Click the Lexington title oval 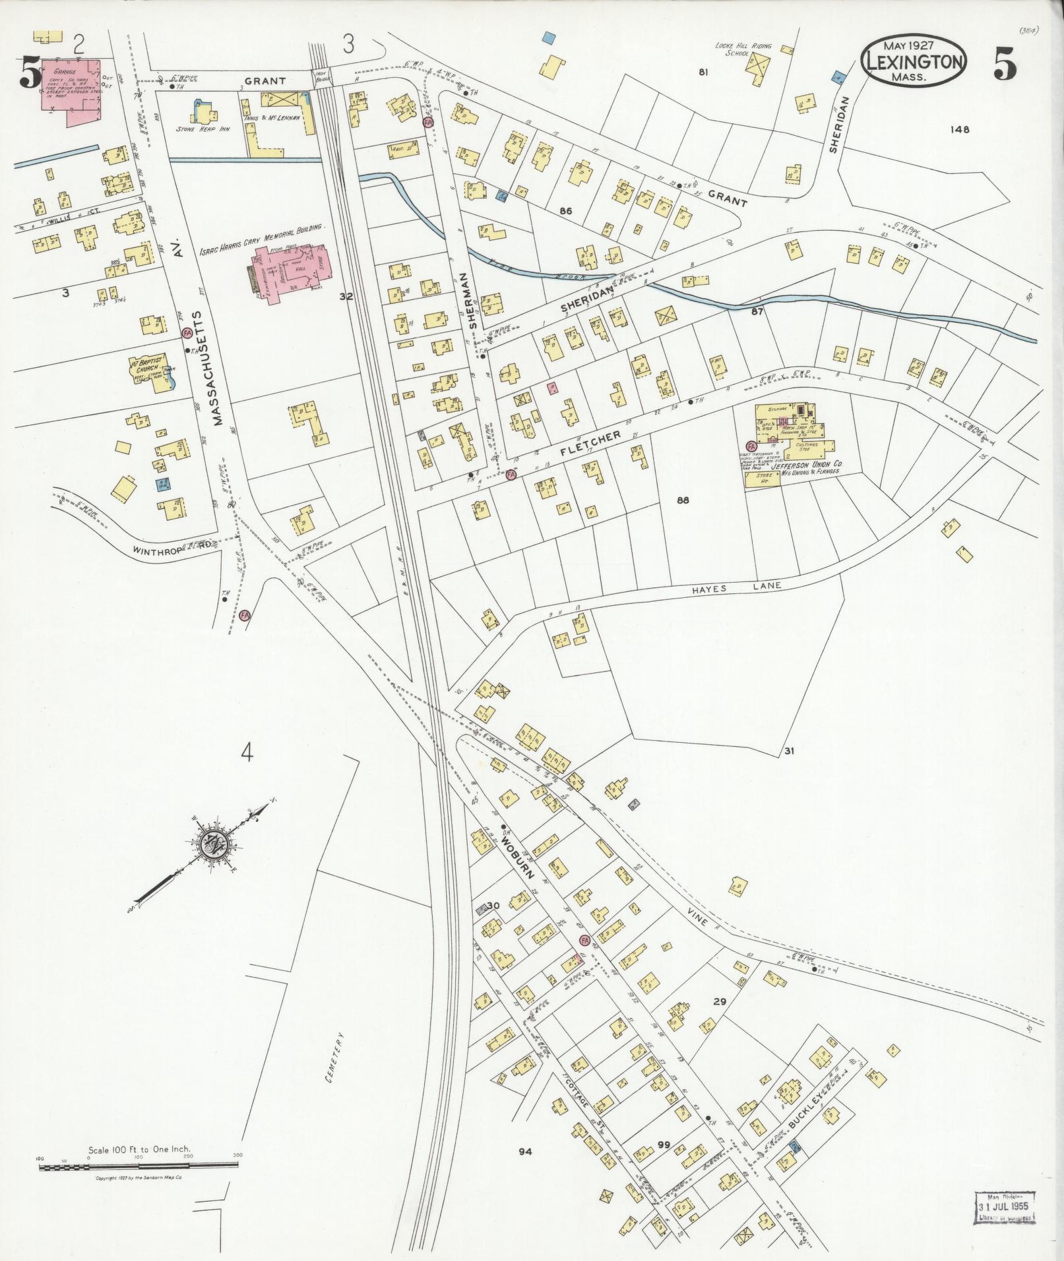coord(913,61)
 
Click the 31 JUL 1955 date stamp coord(1006,1206)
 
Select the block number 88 coord(682,500)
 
